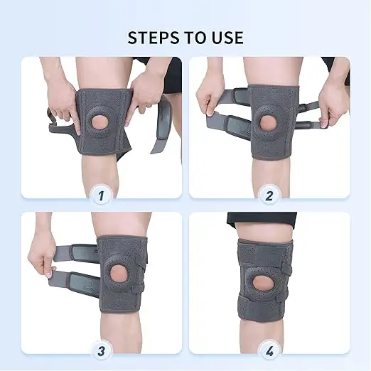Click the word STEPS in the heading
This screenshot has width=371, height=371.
pos(154,38)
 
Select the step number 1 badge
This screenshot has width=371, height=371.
pos(101,195)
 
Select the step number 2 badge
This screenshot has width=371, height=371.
pos(269,195)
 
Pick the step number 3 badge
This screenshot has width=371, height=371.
pos(101,351)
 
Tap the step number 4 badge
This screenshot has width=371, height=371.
pos(269,352)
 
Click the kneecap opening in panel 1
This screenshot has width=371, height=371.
pos(100,123)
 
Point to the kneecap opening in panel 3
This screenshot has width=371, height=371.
pos(119,273)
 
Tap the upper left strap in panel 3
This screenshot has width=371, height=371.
pos(76,253)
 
